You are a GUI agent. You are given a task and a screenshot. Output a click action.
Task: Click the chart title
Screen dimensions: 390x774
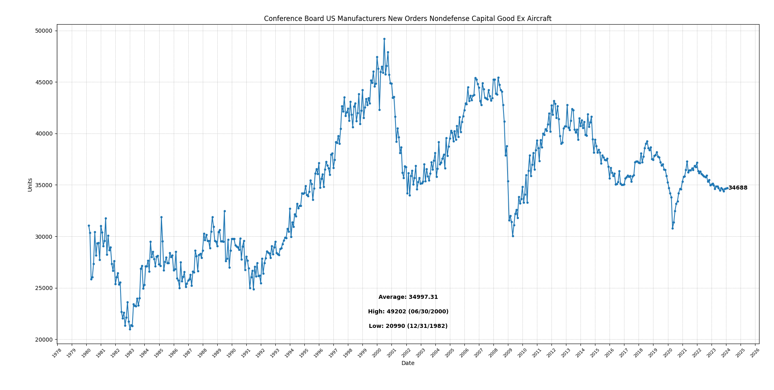pyautogui.click(x=408, y=19)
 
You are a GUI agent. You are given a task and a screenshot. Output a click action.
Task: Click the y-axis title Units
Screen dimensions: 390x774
pyautogui.click(x=30, y=185)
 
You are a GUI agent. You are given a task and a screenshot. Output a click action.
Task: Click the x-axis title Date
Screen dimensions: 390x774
pyautogui.click(x=408, y=363)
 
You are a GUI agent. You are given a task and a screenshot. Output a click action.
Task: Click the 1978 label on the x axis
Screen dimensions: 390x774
pyautogui.click(x=57, y=353)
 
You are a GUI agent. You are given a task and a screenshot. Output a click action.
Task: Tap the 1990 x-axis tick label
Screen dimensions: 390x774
pyautogui.click(x=231, y=353)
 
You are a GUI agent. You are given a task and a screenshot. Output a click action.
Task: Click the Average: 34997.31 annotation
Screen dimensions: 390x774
pyautogui.click(x=408, y=297)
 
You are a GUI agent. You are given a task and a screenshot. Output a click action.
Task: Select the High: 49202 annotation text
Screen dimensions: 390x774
pyautogui.click(x=408, y=312)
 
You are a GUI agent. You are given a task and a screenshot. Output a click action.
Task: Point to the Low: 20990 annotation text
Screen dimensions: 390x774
pyautogui.click(x=408, y=326)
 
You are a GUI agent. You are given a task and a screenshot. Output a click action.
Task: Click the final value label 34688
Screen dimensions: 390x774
pyautogui.click(x=738, y=188)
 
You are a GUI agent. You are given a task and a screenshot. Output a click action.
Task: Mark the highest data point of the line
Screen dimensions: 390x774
pyautogui.click(x=384, y=39)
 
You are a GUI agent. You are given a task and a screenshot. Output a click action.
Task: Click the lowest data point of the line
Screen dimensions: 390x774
pyautogui.click(x=130, y=329)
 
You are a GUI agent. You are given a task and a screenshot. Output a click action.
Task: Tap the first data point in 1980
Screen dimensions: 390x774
pyautogui.click(x=89, y=225)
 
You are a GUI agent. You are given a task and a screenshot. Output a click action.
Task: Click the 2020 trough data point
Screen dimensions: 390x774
pyautogui.click(x=672, y=228)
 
